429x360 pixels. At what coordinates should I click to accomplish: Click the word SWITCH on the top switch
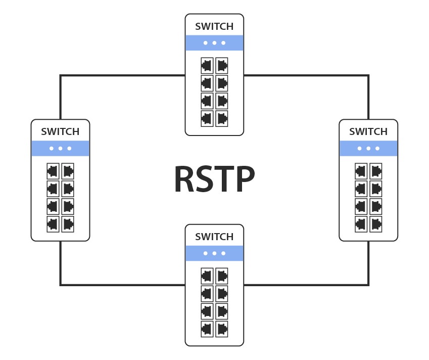coord(214,26)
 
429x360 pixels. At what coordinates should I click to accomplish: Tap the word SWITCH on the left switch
coord(60,131)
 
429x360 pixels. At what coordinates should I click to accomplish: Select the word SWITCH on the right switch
coord(368,131)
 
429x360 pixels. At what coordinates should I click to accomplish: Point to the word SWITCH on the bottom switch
coord(214,237)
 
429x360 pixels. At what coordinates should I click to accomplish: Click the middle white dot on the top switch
coord(214,43)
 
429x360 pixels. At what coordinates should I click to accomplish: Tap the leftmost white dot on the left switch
coord(52,148)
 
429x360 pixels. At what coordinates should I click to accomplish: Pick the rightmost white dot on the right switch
coord(377,148)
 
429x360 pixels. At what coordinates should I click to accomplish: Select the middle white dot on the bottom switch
coord(214,253)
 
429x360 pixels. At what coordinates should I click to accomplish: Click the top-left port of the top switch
coord(207,65)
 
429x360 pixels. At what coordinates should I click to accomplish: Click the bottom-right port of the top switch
coord(222,118)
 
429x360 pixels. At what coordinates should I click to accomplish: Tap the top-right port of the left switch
coord(68,170)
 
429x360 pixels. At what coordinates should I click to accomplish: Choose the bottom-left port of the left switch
coord(53,223)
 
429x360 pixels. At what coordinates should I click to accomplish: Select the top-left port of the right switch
coord(361,170)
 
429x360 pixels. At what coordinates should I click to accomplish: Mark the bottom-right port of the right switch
coord(376,223)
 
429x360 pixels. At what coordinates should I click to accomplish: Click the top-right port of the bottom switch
coord(222,276)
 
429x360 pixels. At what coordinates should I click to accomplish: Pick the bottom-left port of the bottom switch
coord(207,329)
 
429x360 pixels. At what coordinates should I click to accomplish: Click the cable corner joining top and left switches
coord(61,76)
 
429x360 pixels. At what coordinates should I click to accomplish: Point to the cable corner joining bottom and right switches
coord(368,285)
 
